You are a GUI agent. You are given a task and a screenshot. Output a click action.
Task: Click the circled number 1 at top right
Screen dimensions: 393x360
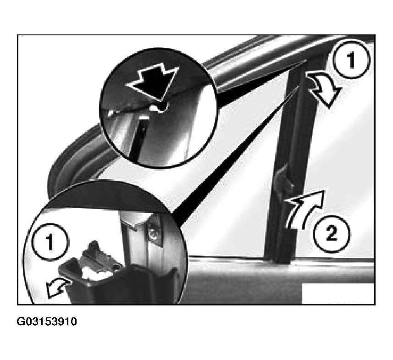pos(351,60)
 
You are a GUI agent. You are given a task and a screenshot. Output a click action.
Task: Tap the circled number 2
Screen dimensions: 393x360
pos(332,233)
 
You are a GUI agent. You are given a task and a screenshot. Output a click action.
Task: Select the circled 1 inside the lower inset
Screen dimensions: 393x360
pos(50,241)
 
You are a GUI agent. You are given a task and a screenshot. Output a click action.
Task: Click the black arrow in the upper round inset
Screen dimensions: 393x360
pos(153,82)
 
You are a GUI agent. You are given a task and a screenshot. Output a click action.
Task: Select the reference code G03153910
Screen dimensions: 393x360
pos(47,321)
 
